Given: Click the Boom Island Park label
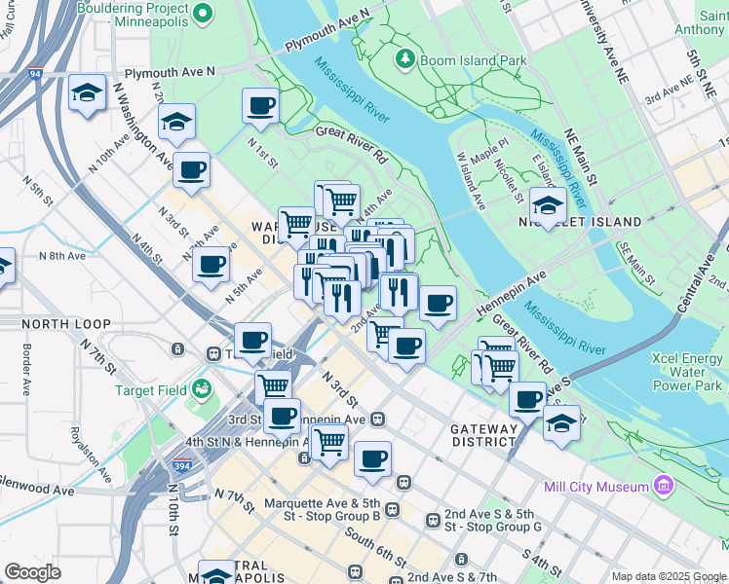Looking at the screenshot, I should click(x=472, y=60).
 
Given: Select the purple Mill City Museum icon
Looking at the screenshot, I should click(x=664, y=484).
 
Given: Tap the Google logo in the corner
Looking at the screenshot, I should click(x=33, y=572).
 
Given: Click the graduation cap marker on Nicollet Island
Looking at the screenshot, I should click(x=548, y=205).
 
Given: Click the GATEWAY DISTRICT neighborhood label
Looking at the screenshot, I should click(x=484, y=435).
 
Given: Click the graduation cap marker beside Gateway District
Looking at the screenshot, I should click(x=561, y=423).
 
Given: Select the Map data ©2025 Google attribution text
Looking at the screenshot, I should click(x=669, y=576).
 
